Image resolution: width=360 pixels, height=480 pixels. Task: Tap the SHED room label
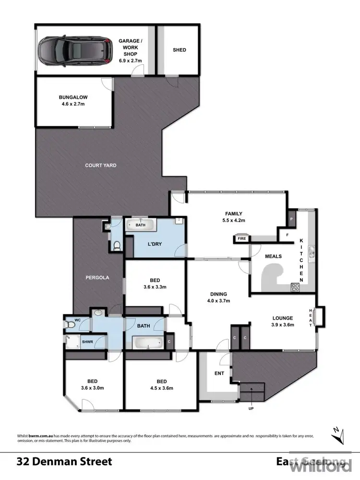(179, 50)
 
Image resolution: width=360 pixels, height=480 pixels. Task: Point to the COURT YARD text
(101, 165)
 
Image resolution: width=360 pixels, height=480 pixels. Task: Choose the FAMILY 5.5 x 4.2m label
(234, 217)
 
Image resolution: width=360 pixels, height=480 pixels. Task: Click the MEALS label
(274, 256)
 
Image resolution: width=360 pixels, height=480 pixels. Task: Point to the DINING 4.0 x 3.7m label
(218, 298)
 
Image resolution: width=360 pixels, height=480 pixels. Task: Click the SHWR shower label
(87, 342)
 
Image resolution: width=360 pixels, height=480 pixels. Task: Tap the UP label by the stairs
(251, 408)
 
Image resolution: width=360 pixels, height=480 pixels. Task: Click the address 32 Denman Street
(64, 462)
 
